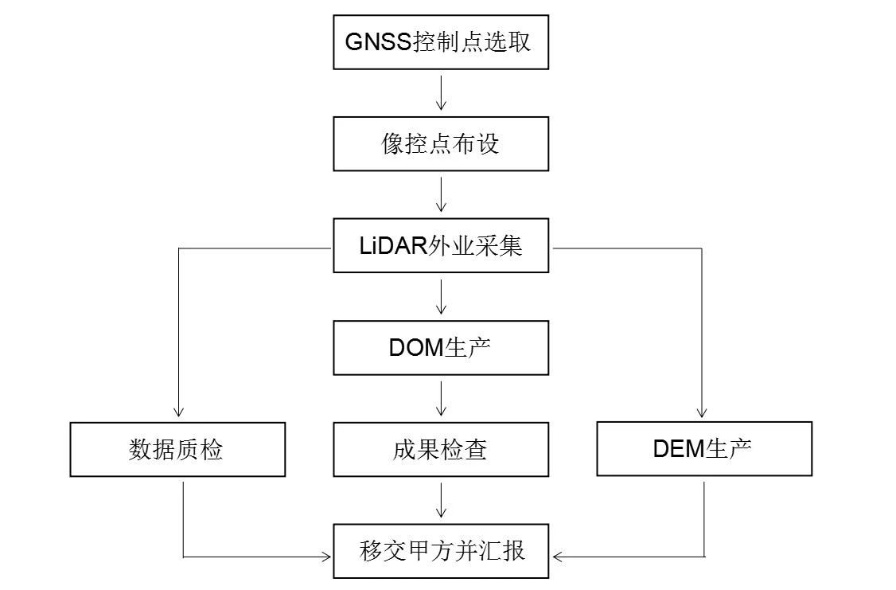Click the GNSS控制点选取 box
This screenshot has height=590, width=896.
[x=440, y=42]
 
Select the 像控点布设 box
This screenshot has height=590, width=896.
[x=440, y=143]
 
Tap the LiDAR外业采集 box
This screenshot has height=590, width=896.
[x=440, y=246]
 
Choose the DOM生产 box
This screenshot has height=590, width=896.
[x=440, y=348]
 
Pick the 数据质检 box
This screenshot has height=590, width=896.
[x=177, y=450]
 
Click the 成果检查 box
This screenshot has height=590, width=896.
[x=440, y=450]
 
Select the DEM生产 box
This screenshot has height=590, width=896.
[x=704, y=449]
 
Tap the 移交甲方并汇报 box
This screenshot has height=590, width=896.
[x=440, y=551]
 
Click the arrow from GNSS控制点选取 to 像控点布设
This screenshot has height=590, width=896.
[x=440, y=93]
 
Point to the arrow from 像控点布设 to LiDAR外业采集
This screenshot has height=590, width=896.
[x=440, y=195]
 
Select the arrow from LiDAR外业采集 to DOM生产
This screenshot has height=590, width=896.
[x=440, y=297]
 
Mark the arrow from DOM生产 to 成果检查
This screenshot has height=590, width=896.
[x=440, y=399]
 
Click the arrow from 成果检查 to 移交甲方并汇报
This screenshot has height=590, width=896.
[x=440, y=501]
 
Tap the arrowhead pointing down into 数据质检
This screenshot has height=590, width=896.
[x=178, y=412]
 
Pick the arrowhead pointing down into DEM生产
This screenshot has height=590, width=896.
[x=702, y=412]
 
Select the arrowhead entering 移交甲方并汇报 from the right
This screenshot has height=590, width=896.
[x=558, y=556]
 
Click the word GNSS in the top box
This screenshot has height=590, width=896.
[x=378, y=42]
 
